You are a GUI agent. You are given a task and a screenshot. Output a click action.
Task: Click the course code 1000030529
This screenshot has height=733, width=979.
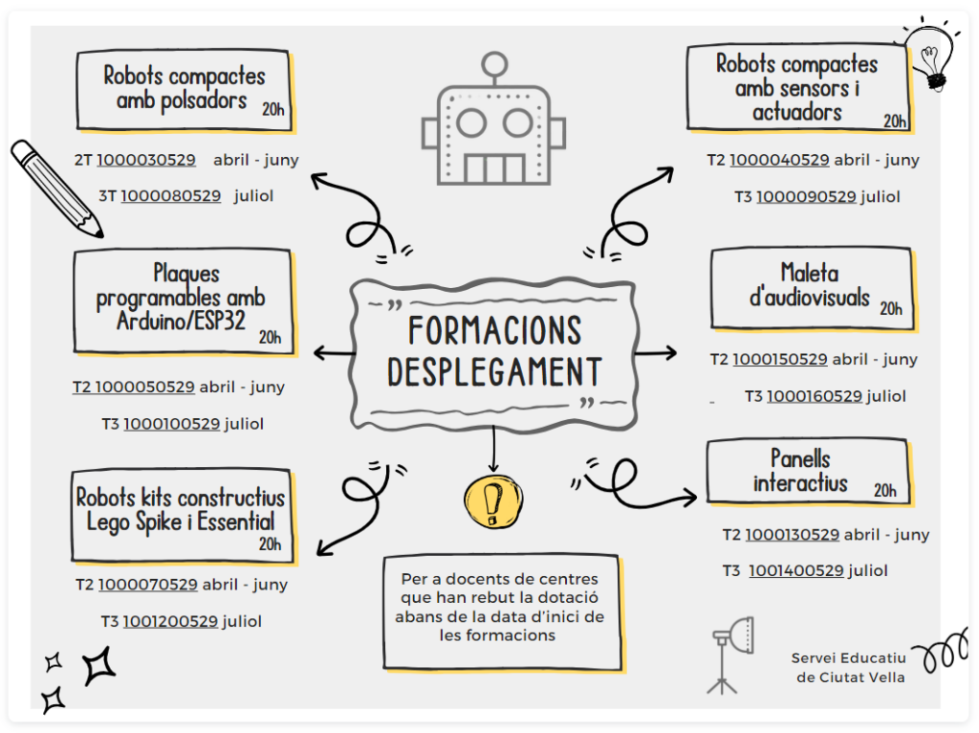pyautogui.click(x=146, y=160)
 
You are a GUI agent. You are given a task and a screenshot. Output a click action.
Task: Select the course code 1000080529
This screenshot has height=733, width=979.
pyautogui.click(x=170, y=196)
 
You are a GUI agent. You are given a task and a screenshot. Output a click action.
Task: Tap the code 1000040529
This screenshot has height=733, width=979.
pyautogui.click(x=779, y=160)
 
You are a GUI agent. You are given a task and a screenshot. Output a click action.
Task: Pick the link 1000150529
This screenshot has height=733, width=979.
pyautogui.click(x=780, y=360)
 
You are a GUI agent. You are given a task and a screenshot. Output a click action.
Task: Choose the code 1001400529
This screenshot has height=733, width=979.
pyautogui.click(x=796, y=571)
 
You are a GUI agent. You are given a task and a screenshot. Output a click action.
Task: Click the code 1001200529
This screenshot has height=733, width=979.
pyautogui.click(x=170, y=621)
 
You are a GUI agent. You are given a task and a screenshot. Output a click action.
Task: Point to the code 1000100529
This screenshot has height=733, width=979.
pyautogui.click(x=171, y=423)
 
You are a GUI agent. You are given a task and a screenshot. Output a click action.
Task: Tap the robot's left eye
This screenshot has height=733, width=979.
pyautogui.click(x=470, y=123)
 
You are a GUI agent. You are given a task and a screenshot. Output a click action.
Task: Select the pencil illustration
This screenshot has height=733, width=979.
pyautogui.click(x=55, y=189)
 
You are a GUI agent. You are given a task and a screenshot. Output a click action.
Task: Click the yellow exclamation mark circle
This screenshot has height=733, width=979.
pyautogui.click(x=493, y=500)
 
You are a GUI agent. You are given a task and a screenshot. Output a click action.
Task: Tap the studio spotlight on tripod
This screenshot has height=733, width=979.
pyautogui.click(x=730, y=652)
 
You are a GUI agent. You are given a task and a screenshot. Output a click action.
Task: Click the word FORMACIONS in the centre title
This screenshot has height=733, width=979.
pyautogui.click(x=494, y=331)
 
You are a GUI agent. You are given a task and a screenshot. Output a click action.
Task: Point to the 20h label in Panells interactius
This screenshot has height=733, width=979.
pyautogui.click(x=884, y=491)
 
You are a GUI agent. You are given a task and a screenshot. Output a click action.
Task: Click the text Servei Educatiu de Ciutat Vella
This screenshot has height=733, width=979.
pyautogui.click(x=848, y=668)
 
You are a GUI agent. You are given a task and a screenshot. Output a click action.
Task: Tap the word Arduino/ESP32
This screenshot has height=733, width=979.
pyautogui.click(x=181, y=321)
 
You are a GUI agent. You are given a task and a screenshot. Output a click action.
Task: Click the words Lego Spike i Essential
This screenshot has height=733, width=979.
pyautogui.click(x=181, y=522)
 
